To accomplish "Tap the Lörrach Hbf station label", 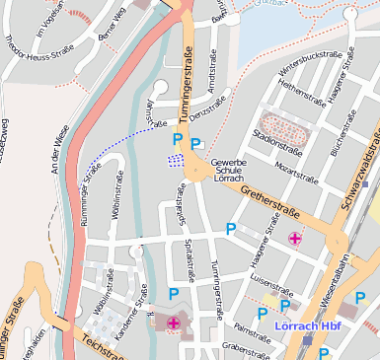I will click(x=304, y=325).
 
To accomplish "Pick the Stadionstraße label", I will click(x=279, y=149).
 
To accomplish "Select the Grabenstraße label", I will click(x=246, y=348).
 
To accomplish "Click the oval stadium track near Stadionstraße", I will click(x=281, y=127).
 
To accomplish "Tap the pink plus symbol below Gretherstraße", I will click(x=294, y=238).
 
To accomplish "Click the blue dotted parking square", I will click(x=176, y=159).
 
